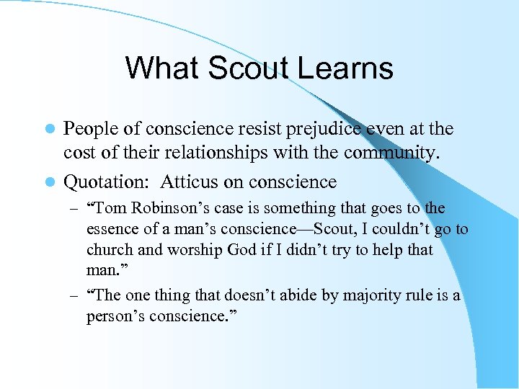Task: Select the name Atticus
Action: [x=190, y=182]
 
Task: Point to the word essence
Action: [x=112, y=230]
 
